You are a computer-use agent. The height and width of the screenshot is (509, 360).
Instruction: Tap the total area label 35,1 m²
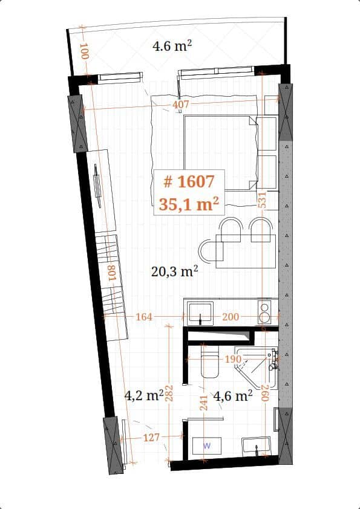point(188,204)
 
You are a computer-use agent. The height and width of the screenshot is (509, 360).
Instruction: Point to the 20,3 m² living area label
point(175,271)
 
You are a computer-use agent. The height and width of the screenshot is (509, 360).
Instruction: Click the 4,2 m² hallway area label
point(143,396)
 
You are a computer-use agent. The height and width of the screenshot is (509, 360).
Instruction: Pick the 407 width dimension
point(181,105)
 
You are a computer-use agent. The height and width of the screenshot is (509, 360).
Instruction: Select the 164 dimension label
point(144,316)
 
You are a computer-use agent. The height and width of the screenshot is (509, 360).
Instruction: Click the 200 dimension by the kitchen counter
point(231,316)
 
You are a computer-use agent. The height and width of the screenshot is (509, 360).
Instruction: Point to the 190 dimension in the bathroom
point(234,359)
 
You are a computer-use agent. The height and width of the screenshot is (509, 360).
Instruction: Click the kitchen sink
point(200,313)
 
